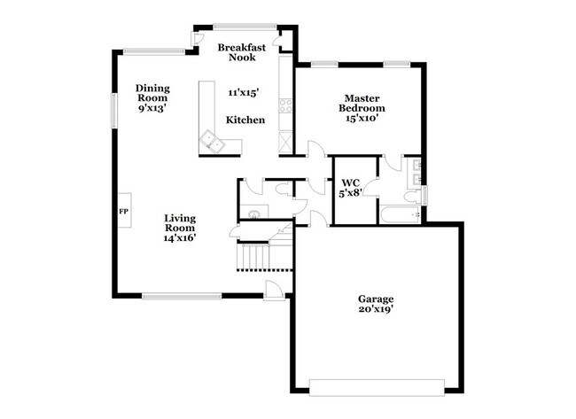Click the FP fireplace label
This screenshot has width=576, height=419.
[x=124, y=212]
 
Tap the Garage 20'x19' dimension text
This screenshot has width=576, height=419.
[x=376, y=309]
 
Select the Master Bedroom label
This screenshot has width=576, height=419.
[x=362, y=103]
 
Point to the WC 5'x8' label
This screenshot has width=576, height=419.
[x=351, y=188]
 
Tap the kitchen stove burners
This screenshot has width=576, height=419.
[x=286, y=105]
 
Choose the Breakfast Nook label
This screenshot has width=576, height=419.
[x=242, y=52]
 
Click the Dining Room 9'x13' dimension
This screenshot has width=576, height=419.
[x=152, y=108]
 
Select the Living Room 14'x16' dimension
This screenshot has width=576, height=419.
[x=179, y=238]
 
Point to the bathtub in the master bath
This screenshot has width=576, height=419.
[x=401, y=215]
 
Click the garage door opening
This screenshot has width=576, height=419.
[x=377, y=387]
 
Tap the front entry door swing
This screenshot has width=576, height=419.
[x=274, y=290]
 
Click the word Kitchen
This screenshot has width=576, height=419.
[x=245, y=120]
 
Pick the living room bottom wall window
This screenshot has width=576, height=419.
[x=182, y=296]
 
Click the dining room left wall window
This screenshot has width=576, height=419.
[x=114, y=111]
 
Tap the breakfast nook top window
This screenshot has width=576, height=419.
[x=245, y=27]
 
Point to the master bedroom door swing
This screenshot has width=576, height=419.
[x=316, y=149]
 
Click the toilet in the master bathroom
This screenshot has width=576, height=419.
[x=413, y=196]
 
